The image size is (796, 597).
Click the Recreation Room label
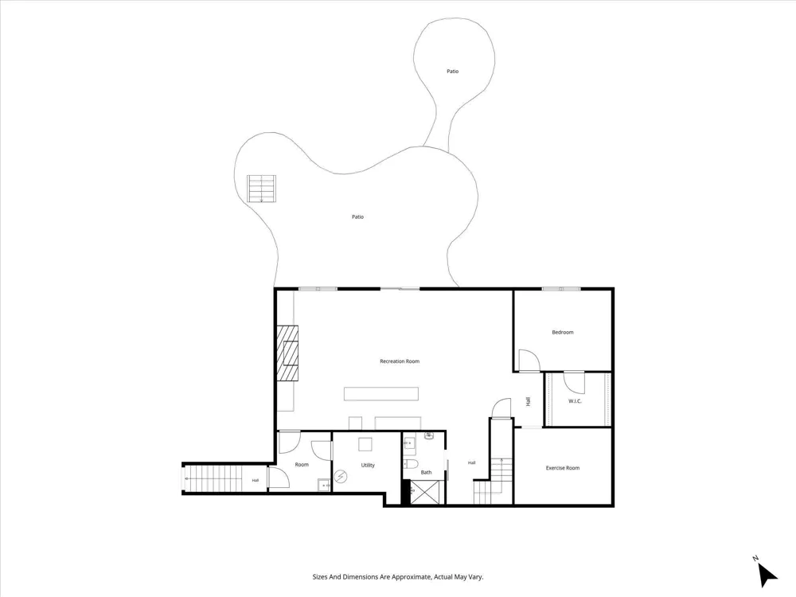[400, 361]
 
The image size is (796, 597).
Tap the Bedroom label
[563, 333]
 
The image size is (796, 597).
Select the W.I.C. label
[575, 401]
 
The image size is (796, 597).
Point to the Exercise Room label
[563, 468]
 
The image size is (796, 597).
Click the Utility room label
[368, 466]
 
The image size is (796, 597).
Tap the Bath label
[426, 473]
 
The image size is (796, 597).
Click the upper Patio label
[452, 72]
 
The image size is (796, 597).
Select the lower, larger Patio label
[358, 217]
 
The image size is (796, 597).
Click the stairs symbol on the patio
[261, 189]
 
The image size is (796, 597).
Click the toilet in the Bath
[410, 465]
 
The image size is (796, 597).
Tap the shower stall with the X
[427, 492]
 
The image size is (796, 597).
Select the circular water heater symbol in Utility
[341, 477]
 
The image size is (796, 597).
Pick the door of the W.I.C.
[575, 382]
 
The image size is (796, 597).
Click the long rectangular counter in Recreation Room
[381, 394]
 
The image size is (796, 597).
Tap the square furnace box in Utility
[365, 445]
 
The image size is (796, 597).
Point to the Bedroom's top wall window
[561, 290]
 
